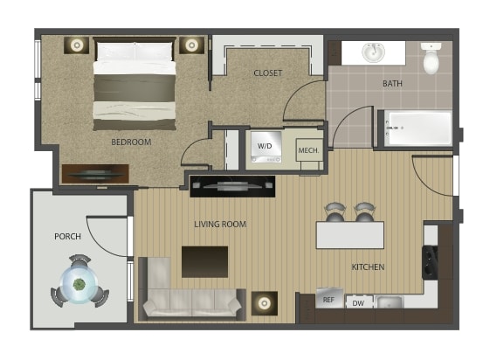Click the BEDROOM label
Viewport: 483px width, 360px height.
(131, 142)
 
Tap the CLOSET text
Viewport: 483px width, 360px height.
(267, 73)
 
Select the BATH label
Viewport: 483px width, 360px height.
(392, 84)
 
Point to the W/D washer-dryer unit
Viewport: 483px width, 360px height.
(266, 147)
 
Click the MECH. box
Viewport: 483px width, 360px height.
(309, 150)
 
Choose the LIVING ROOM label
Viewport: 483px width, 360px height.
(220, 224)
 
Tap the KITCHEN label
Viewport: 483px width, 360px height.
(368, 267)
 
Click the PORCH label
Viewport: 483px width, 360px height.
(68, 237)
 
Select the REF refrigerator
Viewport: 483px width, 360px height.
(329, 298)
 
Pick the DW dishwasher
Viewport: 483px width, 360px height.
(359, 302)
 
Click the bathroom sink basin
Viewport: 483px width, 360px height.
(373, 52)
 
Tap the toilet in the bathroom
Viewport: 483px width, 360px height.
(431, 58)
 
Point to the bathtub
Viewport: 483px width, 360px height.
(418, 128)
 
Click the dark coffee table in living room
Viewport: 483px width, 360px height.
(205, 261)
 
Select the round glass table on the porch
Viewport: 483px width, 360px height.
(79, 284)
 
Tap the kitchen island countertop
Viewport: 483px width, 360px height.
(350, 235)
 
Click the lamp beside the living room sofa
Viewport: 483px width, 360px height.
(265, 303)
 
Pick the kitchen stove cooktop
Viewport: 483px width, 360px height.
(430, 262)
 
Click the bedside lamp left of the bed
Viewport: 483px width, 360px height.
(76, 45)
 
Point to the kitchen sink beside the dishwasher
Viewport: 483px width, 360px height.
(389, 301)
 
